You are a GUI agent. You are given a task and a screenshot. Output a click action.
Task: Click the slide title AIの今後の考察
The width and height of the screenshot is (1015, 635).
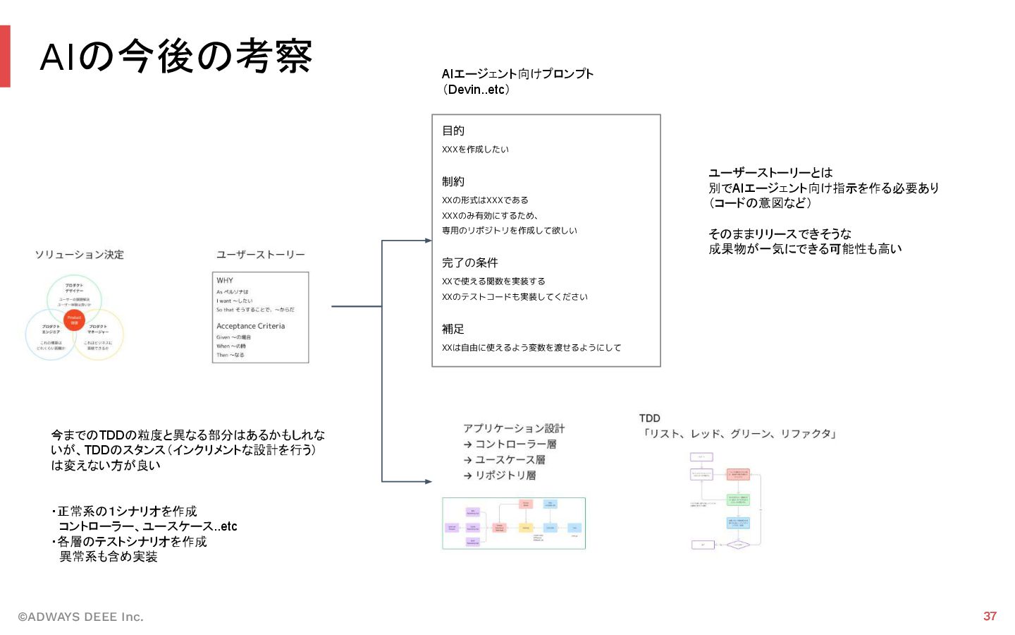[x=176, y=56]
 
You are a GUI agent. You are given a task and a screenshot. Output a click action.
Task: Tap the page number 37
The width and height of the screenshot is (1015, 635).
[x=990, y=616]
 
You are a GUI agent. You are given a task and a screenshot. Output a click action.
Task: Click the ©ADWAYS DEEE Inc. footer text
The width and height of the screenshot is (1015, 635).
[x=80, y=617]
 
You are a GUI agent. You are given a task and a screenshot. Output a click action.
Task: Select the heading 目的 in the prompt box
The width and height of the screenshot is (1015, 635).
[x=453, y=131]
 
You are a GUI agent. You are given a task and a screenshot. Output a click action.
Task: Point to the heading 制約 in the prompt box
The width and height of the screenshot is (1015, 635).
[x=453, y=181]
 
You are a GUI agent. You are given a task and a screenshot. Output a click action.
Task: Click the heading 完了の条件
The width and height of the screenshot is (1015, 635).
[x=469, y=262]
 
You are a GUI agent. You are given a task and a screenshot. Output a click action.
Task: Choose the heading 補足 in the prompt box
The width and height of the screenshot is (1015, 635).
[x=453, y=329]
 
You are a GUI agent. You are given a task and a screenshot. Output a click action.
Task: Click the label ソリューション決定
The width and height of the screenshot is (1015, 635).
[x=79, y=255]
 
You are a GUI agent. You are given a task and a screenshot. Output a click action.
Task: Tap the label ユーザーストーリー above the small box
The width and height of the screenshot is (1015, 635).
[x=260, y=255]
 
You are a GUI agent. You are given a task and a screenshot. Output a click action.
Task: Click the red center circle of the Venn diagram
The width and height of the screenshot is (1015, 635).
[x=74, y=320]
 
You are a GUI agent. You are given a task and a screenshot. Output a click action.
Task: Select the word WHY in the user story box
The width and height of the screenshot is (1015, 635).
[x=225, y=280]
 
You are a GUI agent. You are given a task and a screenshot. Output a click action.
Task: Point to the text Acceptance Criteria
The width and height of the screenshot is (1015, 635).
[x=250, y=326]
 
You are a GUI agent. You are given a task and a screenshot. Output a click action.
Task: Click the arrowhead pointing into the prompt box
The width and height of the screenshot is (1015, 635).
[x=428, y=241]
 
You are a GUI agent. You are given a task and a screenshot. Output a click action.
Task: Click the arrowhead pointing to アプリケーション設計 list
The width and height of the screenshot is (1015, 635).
[x=428, y=481]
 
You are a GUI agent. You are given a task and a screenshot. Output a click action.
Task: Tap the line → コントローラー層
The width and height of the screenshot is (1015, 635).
[x=510, y=444]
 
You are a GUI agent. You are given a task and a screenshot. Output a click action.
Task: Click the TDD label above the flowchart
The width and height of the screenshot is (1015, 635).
[x=649, y=418]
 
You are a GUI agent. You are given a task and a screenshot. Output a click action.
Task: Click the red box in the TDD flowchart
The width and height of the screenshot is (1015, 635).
[x=738, y=474]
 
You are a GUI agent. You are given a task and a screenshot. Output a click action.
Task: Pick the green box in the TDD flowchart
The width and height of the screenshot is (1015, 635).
[x=738, y=500]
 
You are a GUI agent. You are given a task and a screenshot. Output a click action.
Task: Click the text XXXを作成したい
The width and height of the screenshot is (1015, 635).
[x=475, y=150]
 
